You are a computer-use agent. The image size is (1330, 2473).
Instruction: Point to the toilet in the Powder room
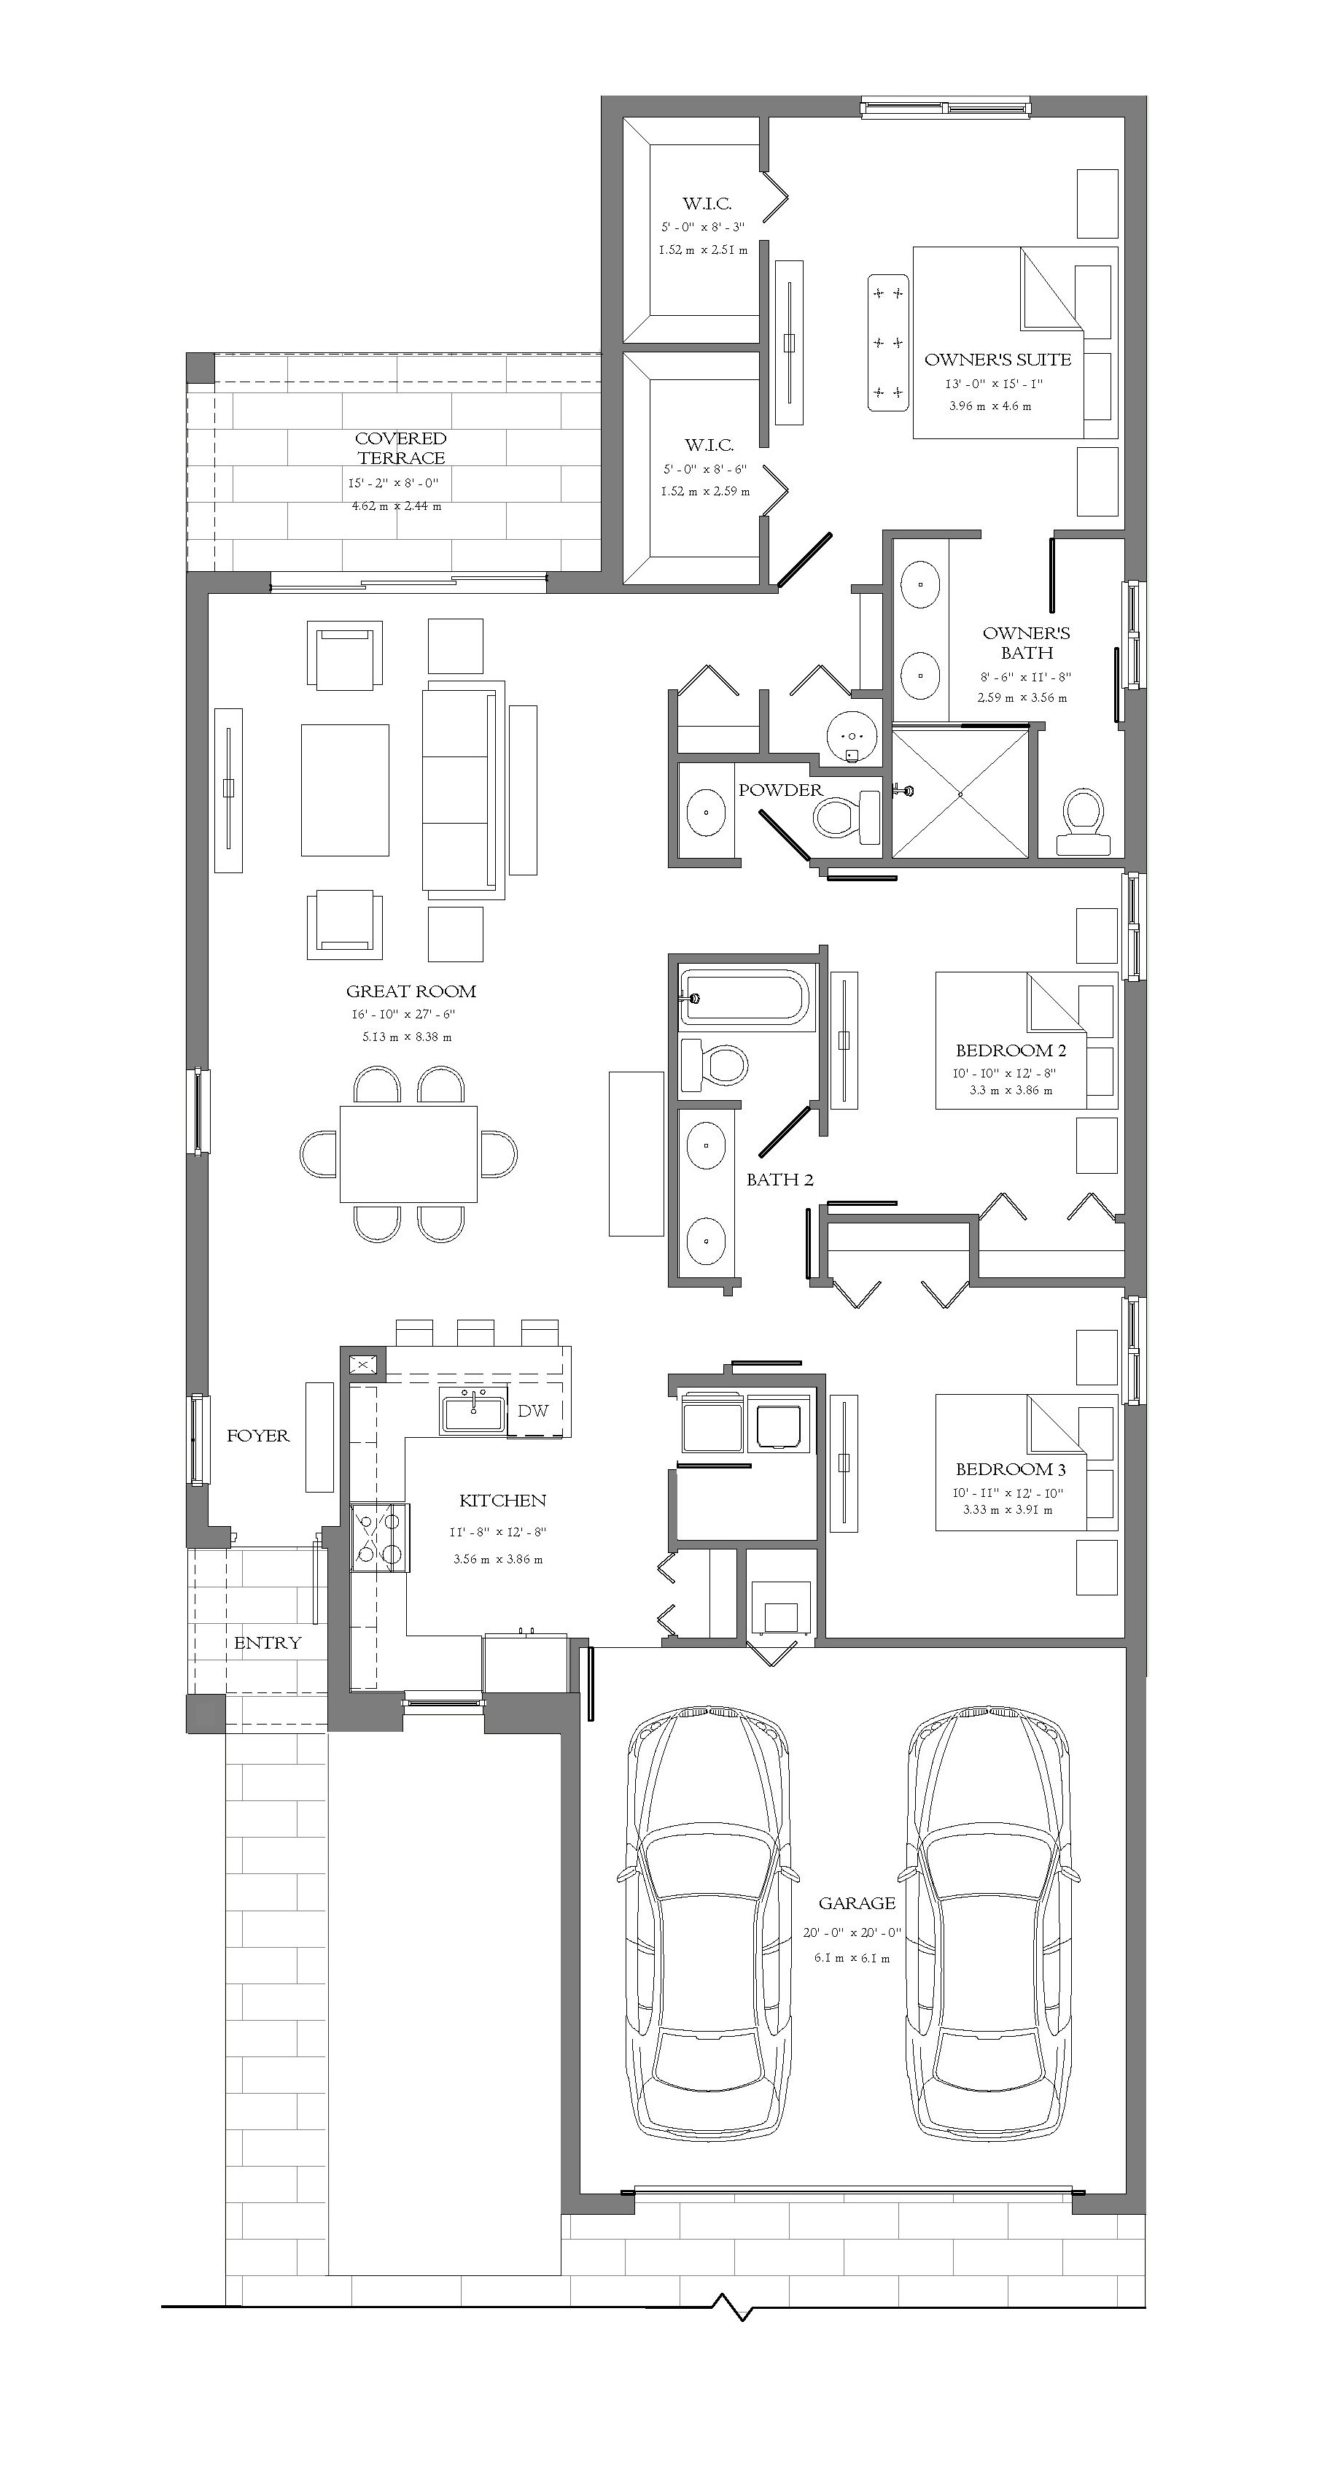point(847,817)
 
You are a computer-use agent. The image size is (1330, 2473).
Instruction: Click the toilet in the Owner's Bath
point(1090,823)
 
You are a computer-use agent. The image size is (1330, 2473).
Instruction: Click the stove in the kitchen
point(379,1537)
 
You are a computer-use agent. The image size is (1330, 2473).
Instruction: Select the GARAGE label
point(857,1903)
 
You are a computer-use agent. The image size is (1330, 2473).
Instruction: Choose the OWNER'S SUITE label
point(998,360)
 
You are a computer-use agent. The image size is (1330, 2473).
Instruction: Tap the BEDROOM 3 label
point(1011,1468)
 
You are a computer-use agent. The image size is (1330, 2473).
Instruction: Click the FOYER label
point(257,1436)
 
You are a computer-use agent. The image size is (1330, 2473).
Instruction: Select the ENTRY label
point(268,1643)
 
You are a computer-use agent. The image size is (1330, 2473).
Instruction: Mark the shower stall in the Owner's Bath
point(960,793)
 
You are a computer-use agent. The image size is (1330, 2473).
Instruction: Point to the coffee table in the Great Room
point(346,790)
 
